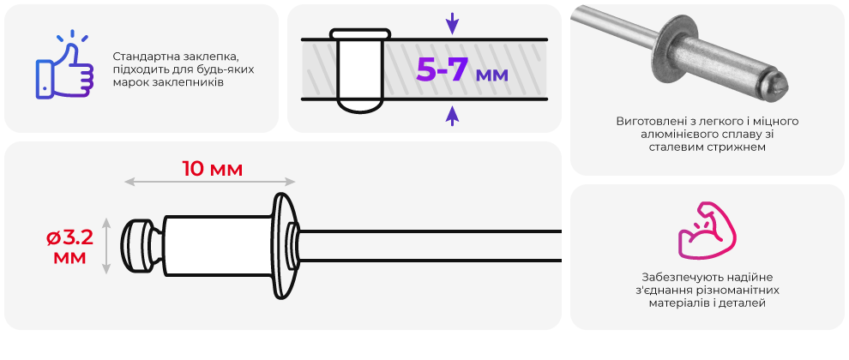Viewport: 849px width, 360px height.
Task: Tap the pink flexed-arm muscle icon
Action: click(707, 230)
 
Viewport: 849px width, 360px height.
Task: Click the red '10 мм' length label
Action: click(213, 169)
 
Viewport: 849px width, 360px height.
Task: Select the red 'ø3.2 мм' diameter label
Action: click(69, 247)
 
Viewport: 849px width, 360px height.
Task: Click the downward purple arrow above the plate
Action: click(452, 24)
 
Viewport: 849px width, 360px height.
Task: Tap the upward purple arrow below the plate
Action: click(452, 116)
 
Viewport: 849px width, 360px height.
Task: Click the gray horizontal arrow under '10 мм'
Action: click(210, 182)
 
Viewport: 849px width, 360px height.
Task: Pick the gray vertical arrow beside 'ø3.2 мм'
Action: click(106, 246)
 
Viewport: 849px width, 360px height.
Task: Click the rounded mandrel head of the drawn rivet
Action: click(137, 246)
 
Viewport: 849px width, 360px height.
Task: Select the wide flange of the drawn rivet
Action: click(284, 246)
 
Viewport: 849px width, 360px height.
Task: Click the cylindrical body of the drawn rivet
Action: click(218, 246)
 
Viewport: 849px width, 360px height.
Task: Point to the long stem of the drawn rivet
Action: click(430, 246)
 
